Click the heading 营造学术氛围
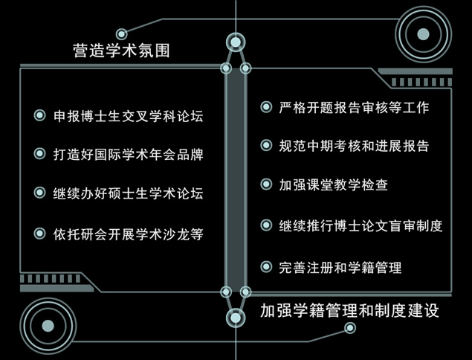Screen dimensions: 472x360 pos(121,51)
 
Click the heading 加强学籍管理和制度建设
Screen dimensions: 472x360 pos(349,310)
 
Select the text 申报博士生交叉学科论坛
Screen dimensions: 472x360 pos(129,116)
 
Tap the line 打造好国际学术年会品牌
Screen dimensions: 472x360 pos(129,154)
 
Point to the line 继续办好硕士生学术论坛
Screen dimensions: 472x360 pos(129,193)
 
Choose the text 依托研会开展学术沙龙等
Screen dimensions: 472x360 pos(129,234)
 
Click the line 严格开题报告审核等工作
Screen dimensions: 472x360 pos(354,107)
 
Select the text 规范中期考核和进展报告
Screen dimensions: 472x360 pos(354,146)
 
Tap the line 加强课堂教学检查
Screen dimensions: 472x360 pos(333,184)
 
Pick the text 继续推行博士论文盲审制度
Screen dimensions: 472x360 pos(361,225)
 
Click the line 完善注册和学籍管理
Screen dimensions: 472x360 pos(340,267)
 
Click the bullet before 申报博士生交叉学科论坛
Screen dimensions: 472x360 pos(39,115)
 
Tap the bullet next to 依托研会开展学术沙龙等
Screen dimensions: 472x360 pos(39,233)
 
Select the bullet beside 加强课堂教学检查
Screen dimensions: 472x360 pos(266,184)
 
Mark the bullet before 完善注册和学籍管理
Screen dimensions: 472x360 pos(266,266)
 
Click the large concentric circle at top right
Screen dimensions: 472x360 pos(423,34)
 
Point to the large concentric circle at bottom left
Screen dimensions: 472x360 pos(48,326)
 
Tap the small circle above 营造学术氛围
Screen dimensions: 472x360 pos(122,34)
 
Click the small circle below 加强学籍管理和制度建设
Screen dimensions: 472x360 pos(350,328)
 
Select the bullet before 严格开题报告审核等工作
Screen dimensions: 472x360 pos(266,106)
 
